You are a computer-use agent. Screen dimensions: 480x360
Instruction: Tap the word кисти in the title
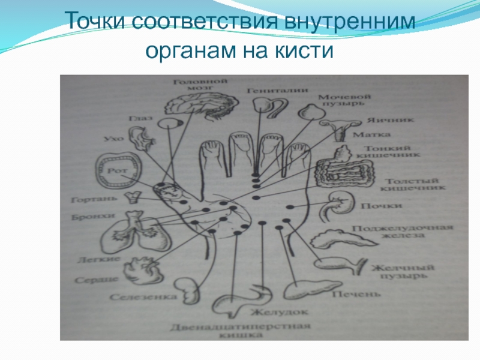point(304,50)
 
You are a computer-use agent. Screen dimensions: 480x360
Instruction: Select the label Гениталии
point(277,90)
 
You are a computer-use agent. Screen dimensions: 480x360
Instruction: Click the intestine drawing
point(342,170)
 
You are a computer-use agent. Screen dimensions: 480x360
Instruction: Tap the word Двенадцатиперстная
point(239,327)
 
